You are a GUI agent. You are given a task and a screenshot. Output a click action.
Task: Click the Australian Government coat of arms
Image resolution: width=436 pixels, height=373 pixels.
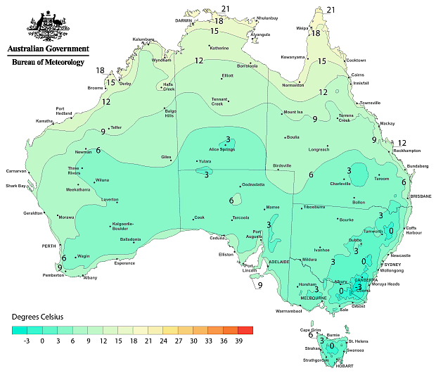tap(47, 26)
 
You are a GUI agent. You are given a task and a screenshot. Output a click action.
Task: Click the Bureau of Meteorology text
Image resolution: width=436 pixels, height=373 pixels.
tap(48, 63)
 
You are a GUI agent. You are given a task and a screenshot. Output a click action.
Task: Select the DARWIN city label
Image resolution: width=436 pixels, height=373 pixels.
tap(183, 20)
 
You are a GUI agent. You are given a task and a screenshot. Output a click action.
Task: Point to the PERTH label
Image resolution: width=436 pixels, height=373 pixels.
tap(49, 246)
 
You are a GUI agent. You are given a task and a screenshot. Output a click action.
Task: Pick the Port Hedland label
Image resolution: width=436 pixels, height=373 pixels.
tap(64, 110)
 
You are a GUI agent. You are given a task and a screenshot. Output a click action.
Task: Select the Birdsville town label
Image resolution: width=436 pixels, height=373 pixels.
tap(282, 165)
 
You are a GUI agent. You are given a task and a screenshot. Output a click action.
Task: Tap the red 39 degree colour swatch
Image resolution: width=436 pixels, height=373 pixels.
tap(245, 329)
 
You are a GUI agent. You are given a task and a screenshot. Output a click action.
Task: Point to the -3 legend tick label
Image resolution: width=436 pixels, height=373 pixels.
tap(27, 340)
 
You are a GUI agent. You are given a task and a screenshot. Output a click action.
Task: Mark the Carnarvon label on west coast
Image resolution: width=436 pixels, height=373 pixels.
tap(16, 170)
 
